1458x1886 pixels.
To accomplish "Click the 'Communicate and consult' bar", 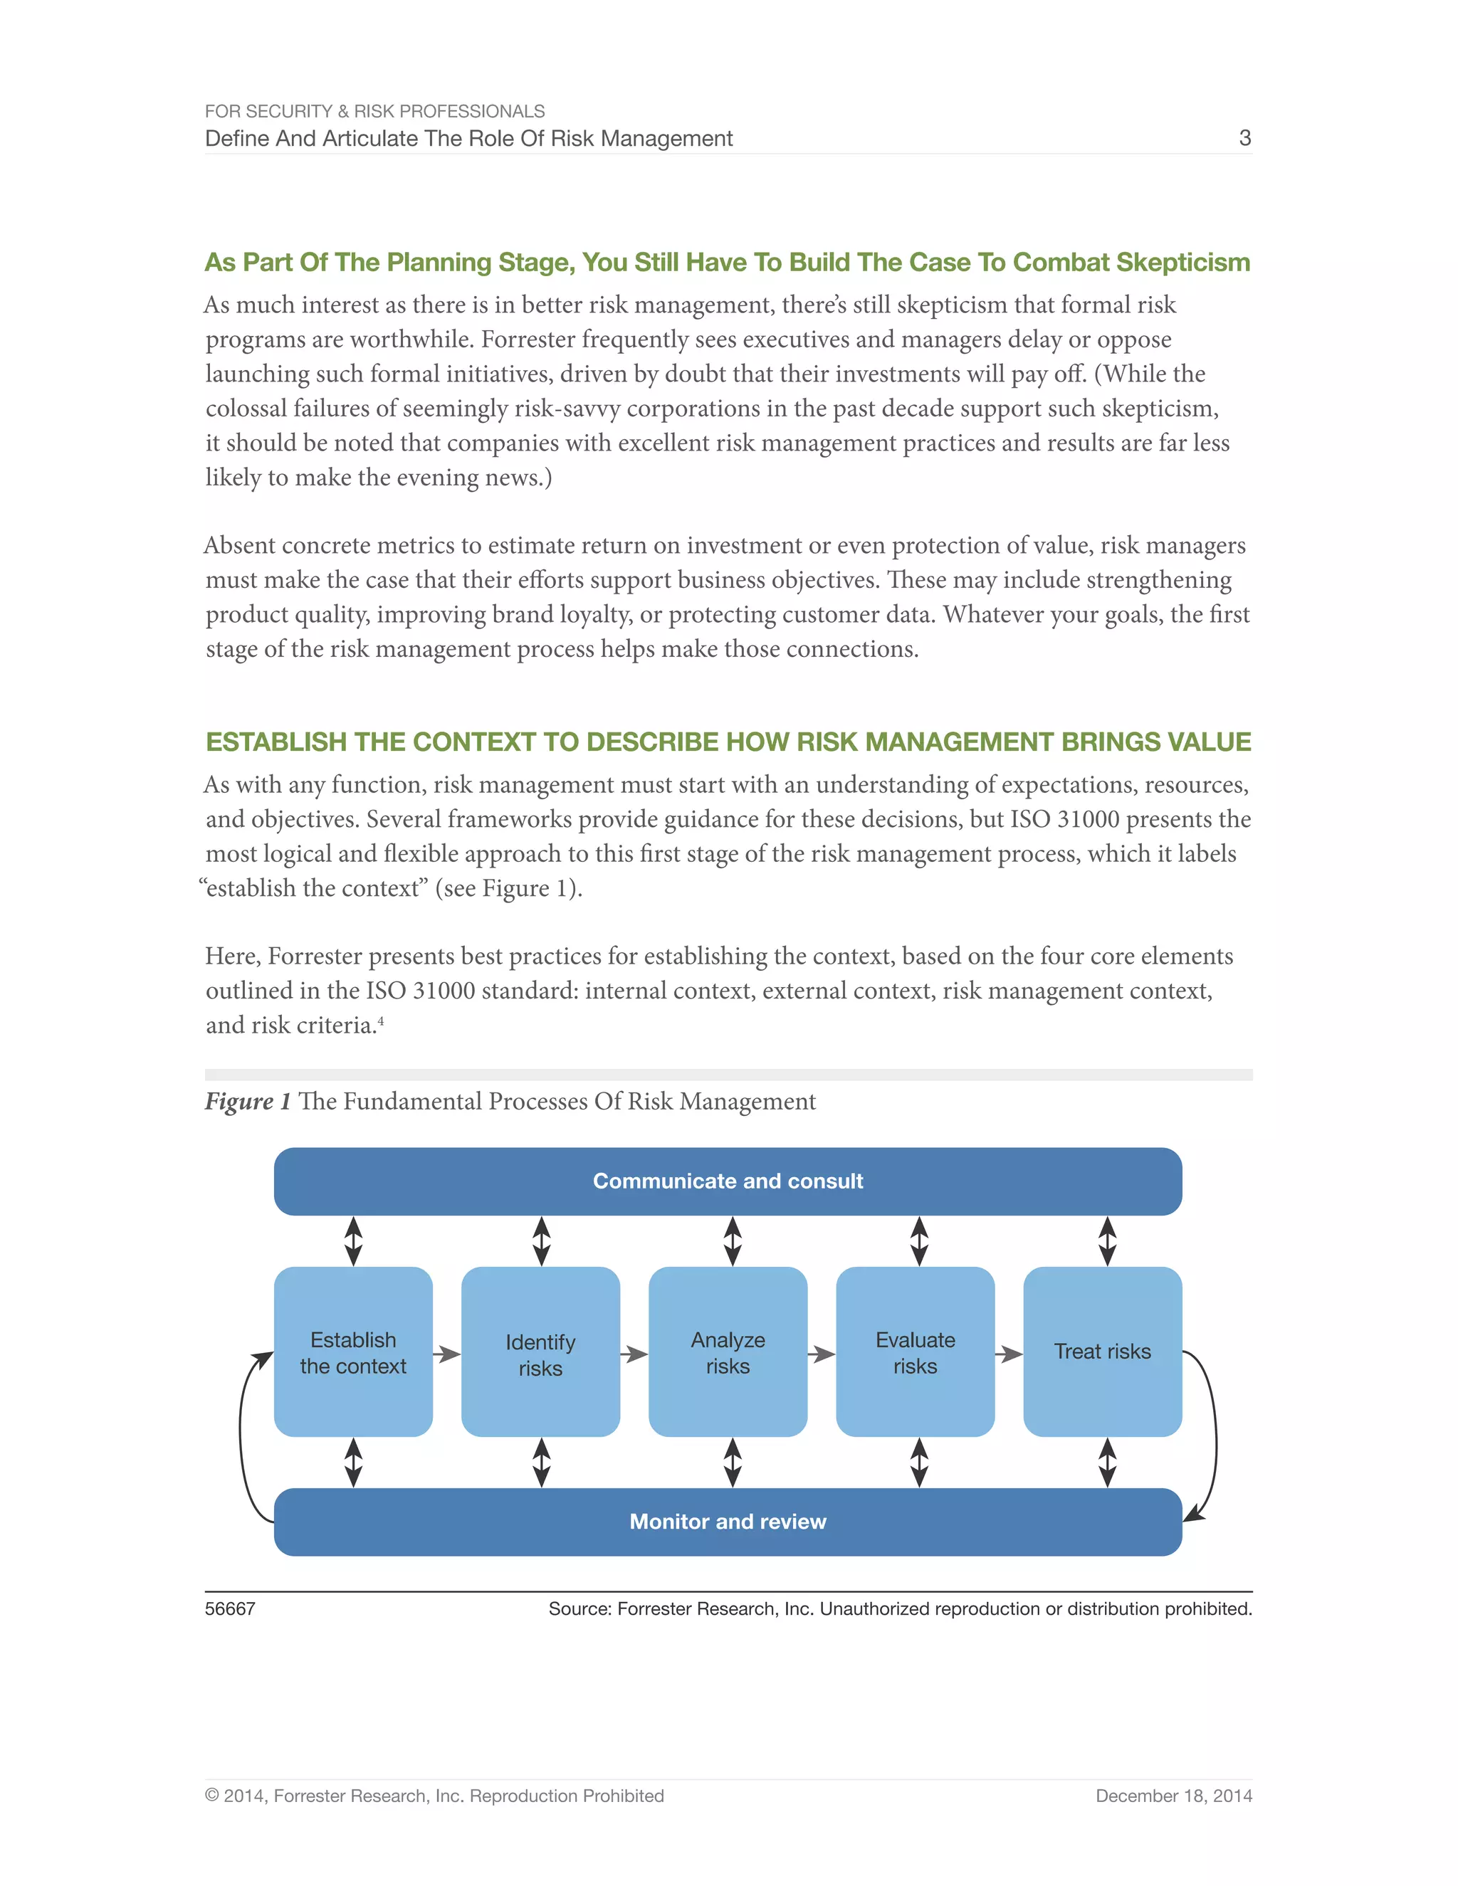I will pos(728,1181).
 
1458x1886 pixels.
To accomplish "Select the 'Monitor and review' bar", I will pos(728,1521).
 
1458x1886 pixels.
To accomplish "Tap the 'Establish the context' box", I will pos(352,1352).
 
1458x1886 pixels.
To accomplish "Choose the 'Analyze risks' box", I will pos(728,1352).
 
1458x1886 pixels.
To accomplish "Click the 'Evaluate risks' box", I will pos(915,1352).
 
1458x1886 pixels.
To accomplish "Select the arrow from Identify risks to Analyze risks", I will pos(634,1354).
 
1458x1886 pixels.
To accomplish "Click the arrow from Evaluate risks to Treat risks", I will pos(1008,1354).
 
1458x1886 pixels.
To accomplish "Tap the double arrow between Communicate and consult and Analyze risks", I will pos(733,1241).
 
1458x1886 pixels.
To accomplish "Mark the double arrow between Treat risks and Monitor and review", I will pos(1107,1462).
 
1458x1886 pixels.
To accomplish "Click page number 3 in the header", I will pos(1244,138).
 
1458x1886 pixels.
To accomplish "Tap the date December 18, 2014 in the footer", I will pos(1173,1796).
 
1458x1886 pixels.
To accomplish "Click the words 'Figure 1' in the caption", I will pos(247,1101).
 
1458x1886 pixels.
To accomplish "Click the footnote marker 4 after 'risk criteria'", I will pos(381,1021).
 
